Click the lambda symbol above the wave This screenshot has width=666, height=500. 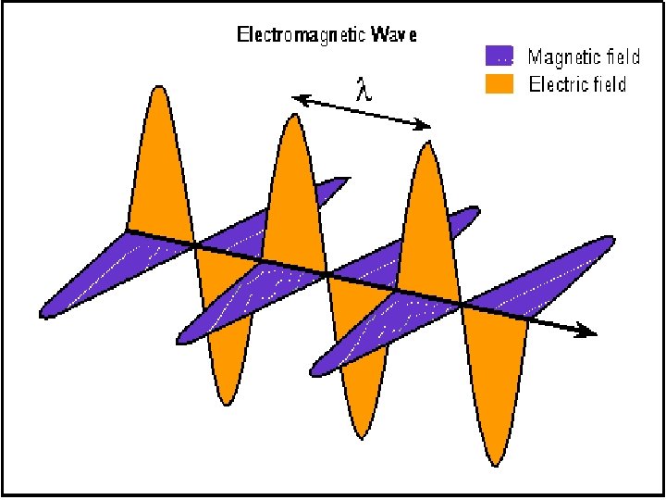click(364, 91)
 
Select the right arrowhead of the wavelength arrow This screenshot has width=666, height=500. click(428, 126)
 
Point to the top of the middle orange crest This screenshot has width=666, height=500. click(293, 117)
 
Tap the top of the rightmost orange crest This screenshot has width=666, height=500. click(427, 144)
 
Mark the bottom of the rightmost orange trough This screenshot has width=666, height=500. click(491, 462)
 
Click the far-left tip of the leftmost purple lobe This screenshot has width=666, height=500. click(42, 315)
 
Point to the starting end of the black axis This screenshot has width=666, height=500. click(127, 229)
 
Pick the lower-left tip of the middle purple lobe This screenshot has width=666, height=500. click(179, 339)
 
